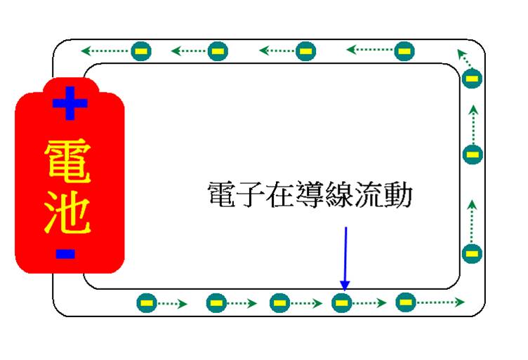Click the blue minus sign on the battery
tap(65, 253)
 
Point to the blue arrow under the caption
tap(345, 257)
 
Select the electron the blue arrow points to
tap(341, 303)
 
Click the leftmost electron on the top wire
tap(140, 51)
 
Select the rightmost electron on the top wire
tap(404, 51)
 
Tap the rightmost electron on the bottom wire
tap(404, 302)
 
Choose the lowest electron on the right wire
tap(472, 253)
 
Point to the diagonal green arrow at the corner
tap(463, 55)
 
